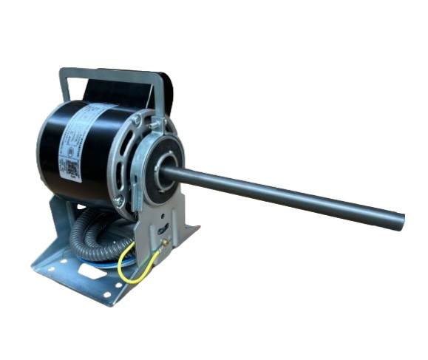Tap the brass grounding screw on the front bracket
pos(166,242)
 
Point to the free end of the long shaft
pos(400,220)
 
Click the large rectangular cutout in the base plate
pos(90,271)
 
